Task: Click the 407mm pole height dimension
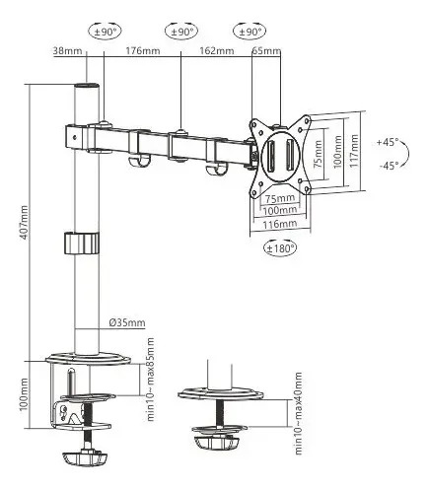click(x=25, y=223)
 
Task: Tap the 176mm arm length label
click(x=143, y=51)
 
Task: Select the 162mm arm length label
click(x=217, y=51)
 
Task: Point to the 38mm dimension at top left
click(x=67, y=51)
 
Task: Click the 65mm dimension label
click(x=266, y=51)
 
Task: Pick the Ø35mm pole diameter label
click(x=127, y=322)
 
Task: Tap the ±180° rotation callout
click(x=280, y=248)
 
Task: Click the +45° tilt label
click(x=388, y=142)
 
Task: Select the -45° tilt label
click(x=389, y=166)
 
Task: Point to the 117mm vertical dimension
click(x=354, y=151)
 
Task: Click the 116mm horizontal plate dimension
click(x=280, y=224)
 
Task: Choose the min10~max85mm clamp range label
click(x=150, y=380)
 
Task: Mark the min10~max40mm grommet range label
click(x=298, y=413)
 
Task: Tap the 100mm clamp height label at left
click(x=24, y=394)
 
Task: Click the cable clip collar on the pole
click(x=82, y=243)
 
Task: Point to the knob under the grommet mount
click(x=217, y=442)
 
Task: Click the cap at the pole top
click(x=87, y=85)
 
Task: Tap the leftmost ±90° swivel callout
click(x=106, y=32)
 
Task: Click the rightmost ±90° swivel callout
click(x=250, y=32)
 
